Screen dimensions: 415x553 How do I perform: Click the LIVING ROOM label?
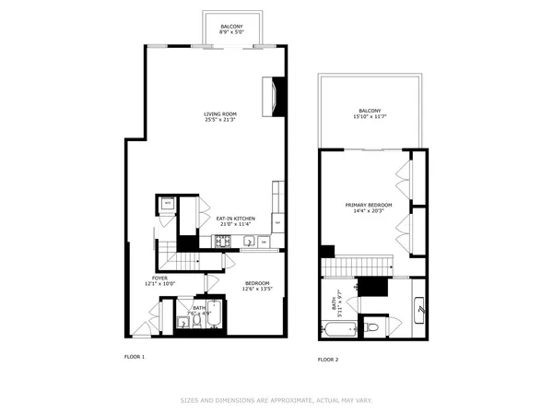click(x=220, y=114)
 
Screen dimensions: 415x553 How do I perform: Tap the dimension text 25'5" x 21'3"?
click(x=220, y=120)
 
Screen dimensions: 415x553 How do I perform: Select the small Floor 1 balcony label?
click(x=232, y=27)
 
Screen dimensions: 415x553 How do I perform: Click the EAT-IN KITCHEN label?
click(x=236, y=219)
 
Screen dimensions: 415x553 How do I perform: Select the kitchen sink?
click(x=248, y=242)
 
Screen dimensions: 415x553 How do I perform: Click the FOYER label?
click(x=160, y=278)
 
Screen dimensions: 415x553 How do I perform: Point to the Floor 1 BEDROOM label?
click(x=257, y=282)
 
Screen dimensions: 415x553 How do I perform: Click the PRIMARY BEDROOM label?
click(x=369, y=205)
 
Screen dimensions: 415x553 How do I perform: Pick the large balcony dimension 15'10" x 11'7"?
click(x=369, y=117)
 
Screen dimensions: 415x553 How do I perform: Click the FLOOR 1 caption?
click(x=135, y=356)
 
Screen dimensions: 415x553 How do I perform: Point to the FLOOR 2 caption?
click(x=328, y=360)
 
